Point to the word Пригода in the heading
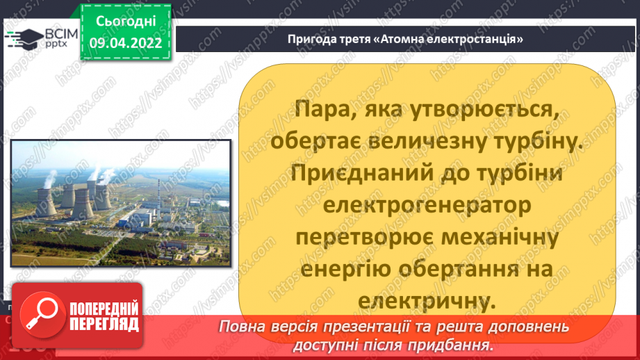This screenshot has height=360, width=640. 310,38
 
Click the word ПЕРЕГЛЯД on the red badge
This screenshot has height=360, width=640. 104,324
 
